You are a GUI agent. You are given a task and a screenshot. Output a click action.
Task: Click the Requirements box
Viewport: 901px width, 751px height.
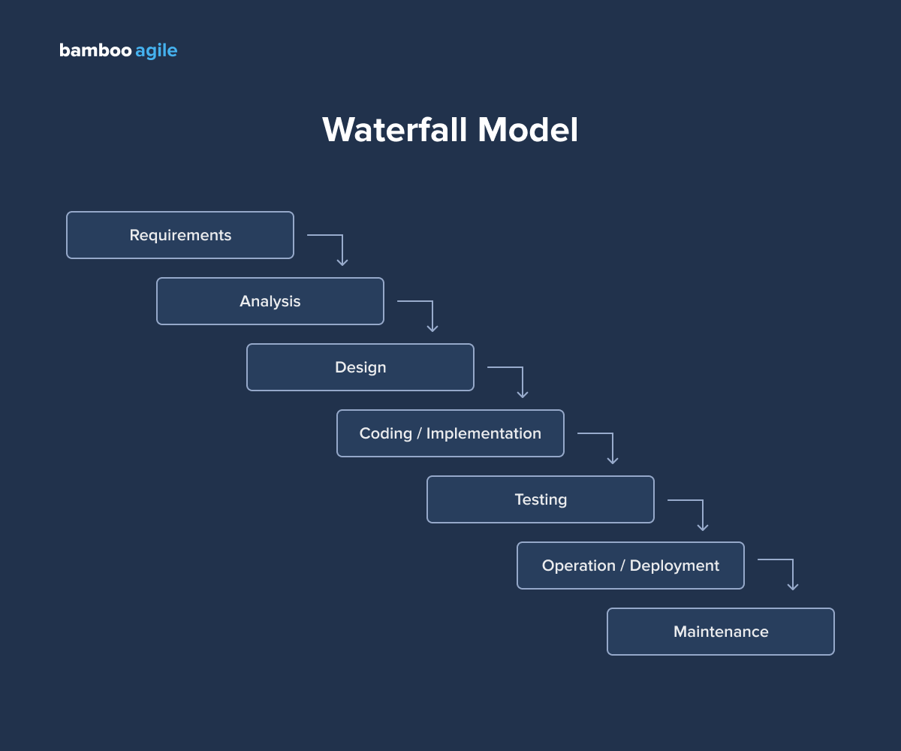(180, 235)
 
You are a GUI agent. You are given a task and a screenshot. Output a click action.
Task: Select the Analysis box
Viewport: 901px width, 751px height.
(270, 301)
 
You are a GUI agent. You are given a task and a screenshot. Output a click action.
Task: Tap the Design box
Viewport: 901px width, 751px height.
(360, 367)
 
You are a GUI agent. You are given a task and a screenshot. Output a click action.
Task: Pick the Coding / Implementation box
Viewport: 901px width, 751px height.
(450, 433)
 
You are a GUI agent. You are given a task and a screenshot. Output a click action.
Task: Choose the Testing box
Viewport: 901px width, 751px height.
(541, 499)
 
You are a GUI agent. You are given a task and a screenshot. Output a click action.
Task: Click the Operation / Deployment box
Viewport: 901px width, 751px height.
(631, 566)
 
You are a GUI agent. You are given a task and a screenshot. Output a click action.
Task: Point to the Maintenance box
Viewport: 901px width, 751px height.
(721, 632)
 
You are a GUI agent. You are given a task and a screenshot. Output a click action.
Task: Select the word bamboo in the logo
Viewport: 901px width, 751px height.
(95, 50)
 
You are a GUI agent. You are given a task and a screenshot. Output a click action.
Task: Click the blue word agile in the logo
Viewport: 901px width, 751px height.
(156, 51)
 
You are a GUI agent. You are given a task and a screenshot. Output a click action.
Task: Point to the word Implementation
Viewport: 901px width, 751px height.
(484, 433)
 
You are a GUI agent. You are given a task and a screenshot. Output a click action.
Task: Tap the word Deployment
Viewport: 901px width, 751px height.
(674, 566)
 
